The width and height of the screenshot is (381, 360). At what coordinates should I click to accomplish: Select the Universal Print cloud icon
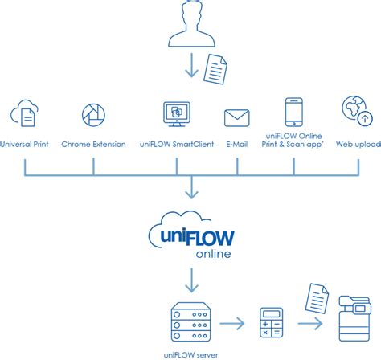pyautogui.click(x=26, y=115)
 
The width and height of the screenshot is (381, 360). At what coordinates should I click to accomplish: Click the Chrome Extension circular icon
pyautogui.click(x=94, y=115)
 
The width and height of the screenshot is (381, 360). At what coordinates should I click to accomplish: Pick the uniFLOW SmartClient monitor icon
pyautogui.click(x=175, y=116)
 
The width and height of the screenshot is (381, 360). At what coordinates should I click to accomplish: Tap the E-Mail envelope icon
pyautogui.click(x=237, y=118)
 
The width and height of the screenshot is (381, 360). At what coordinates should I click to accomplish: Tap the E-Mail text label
pyautogui.click(x=237, y=144)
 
